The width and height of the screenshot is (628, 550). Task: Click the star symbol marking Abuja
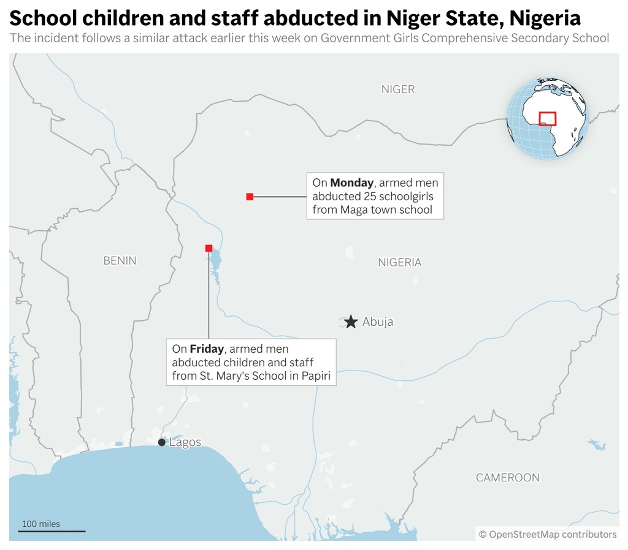click(x=351, y=322)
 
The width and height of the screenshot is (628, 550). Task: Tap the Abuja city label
click(x=378, y=322)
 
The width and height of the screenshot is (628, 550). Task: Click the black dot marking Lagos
click(x=161, y=442)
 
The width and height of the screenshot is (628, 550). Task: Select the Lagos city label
click(x=185, y=442)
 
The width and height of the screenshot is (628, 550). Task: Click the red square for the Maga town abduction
click(x=250, y=197)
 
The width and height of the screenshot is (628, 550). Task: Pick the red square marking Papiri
click(x=209, y=248)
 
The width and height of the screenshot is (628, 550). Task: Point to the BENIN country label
click(x=120, y=260)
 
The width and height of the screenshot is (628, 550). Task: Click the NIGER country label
click(x=398, y=89)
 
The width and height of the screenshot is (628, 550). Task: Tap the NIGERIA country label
click(x=399, y=262)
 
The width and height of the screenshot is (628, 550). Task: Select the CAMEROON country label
click(x=508, y=477)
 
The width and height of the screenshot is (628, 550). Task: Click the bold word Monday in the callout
click(x=351, y=183)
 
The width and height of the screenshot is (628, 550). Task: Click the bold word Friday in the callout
click(x=207, y=348)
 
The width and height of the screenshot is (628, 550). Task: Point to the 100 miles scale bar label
click(x=41, y=524)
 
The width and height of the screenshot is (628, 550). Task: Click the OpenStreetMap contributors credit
click(x=548, y=534)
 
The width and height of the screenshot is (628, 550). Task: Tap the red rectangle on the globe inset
click(x=547, y=118)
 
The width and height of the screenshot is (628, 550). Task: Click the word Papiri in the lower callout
click(x=316, y=375)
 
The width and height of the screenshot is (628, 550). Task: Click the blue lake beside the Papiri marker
click(x=215, y=264)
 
